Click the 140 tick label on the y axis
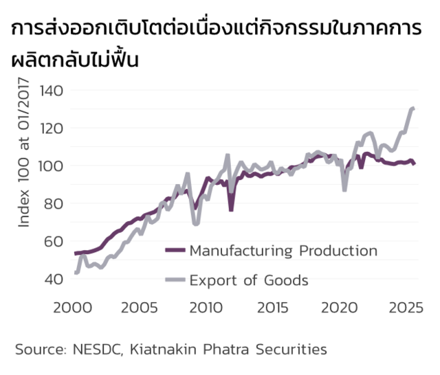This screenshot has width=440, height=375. point(52,91)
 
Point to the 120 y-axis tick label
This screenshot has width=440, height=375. point(52,128)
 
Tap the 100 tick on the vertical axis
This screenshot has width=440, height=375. point(52,166)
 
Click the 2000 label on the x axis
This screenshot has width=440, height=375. point(74,306)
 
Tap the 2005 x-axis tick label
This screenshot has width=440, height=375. point(141,306)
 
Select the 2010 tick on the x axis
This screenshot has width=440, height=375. point(206,306)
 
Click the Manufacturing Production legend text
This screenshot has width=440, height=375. point(283,251)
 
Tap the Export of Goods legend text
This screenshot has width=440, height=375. point(249,280)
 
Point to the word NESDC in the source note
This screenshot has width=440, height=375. point(96,350)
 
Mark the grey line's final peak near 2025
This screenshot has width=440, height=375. point(412,109)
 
